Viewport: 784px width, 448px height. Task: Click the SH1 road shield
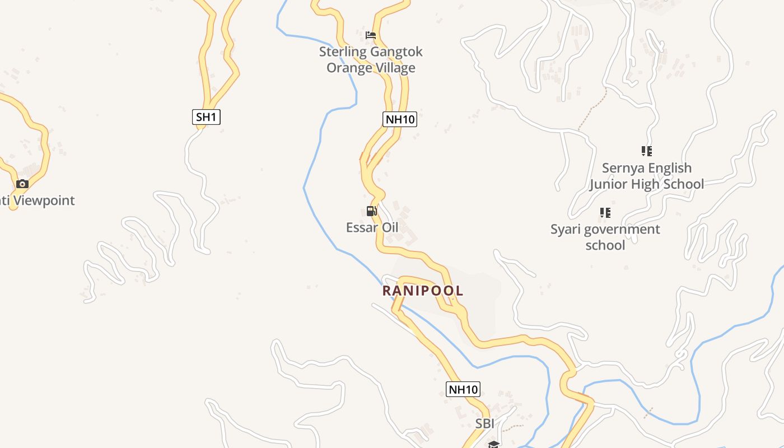pos(206,117)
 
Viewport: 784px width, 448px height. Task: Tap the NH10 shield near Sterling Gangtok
pos(400,119)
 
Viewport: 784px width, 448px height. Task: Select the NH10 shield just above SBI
pos(463,389)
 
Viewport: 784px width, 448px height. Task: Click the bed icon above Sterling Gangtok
pos(371,35)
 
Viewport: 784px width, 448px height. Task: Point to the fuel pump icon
pos(371,211)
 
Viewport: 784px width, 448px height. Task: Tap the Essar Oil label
pos(372,227)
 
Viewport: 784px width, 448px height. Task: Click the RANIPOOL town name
pos(423,291)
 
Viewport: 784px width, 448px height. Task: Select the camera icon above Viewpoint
pos(22,184)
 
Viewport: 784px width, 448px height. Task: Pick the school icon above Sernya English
pos(647,151)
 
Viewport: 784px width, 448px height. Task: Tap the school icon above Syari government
pos(605,213)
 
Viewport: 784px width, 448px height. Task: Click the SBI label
pos(485,424)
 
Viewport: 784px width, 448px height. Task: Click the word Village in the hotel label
pos(395,68)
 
